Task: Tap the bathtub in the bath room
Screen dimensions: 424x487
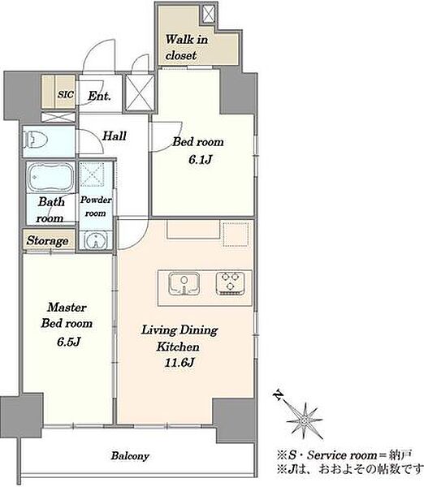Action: (x=50, y=177)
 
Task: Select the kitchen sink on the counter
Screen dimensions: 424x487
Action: (x=184, y=283)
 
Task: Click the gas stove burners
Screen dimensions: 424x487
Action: (x=231, y=283)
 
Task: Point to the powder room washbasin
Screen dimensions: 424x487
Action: (x=95, y=239)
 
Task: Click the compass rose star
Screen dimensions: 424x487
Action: (x=304, y=420)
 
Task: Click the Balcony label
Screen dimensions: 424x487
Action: (x=130, y=456)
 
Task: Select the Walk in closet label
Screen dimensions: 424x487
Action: (x=187, y=47)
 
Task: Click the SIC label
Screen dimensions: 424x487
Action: (x=66, y=94)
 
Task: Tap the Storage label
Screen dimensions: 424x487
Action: (x=48, y=240)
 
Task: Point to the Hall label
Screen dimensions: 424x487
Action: (x=115, y=136)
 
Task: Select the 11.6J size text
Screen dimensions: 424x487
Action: (x=180, y=363)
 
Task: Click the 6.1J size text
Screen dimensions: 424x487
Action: (x=200, y=160)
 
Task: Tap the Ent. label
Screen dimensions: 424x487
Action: (x=99, y=96)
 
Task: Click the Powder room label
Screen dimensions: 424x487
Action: (x=96, y=206)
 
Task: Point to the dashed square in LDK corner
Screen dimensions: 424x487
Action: (x=236, y=234)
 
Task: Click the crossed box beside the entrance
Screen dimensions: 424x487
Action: (x=140, y=93)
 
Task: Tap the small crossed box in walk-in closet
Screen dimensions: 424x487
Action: (x=208, y=14)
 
